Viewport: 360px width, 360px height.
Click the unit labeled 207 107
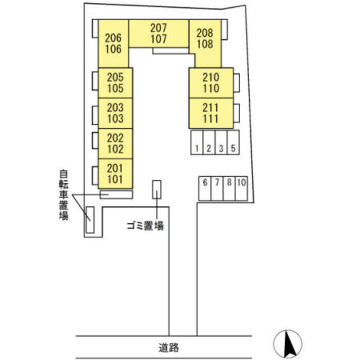(159, 34)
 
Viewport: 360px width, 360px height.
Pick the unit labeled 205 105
(115, 82)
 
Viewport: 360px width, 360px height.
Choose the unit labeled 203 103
(115, 113)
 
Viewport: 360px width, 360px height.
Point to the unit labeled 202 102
(115, 143)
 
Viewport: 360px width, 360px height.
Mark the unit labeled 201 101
(115, 173)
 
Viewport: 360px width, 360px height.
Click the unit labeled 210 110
(210, 83)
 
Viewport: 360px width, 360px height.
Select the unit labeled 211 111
(210, 113)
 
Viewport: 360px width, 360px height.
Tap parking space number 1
(196, 148)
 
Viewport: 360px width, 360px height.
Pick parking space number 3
(221, 148)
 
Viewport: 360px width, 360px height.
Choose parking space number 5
(233, 148)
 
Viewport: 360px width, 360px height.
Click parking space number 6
(205, 188)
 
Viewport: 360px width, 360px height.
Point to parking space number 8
(229, 188)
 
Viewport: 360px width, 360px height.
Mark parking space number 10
(242, 188)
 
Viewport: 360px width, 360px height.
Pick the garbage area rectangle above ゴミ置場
(156, 189)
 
